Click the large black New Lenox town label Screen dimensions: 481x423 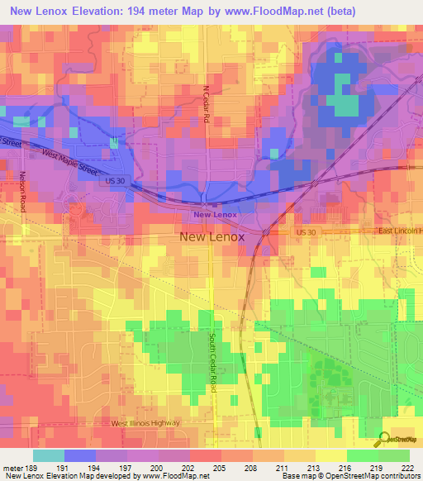point(211,236)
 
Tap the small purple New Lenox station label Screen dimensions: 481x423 point(215,215)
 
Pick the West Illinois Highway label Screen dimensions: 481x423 point(145,422)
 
